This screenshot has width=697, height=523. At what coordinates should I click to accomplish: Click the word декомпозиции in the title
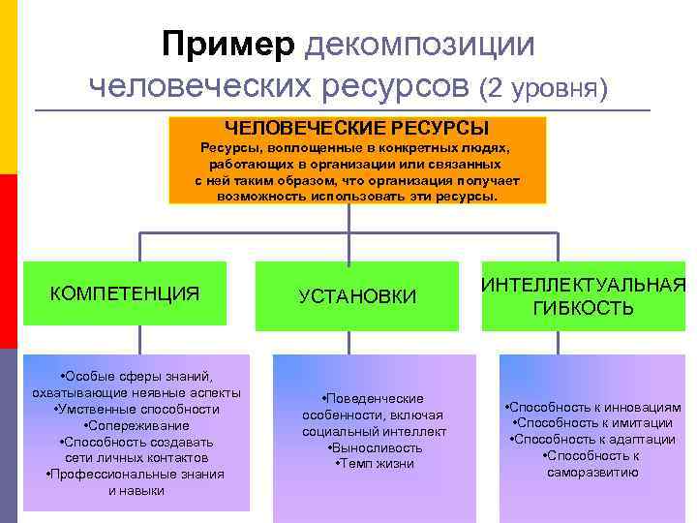[x=418, y=45]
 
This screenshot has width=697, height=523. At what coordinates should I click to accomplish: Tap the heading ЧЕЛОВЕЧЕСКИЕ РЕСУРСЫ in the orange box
[x=357, y=128]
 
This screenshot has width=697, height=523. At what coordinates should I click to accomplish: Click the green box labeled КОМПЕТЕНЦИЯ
[x=125, y=292]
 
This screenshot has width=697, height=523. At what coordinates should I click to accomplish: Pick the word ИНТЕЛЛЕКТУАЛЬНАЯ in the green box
[x=584, y=285]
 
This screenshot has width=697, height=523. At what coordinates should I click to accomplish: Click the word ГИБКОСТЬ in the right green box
[x=584, y=309]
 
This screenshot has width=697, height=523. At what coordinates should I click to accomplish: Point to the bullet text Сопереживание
[x=138, y=425]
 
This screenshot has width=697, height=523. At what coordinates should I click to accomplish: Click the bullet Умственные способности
[x=136, y=409]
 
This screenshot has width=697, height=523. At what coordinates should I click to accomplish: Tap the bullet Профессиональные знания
[x=136, y=474]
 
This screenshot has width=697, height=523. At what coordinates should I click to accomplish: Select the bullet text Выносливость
[x=375, y=447]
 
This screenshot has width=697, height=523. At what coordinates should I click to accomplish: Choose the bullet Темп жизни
[x=375, y=464]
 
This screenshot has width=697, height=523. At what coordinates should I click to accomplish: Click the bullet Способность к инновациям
[x=593, y=408]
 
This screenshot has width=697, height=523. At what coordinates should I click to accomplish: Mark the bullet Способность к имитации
[x=593, y=423]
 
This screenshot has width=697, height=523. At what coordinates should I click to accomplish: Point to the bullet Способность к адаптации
[x=593, y=440]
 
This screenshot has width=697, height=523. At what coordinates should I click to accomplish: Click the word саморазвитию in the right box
[x=593, y=473]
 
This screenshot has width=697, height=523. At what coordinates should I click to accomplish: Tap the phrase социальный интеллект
[x=375, y=431]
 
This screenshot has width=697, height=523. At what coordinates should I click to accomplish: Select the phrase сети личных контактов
[x=136, y=457]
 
